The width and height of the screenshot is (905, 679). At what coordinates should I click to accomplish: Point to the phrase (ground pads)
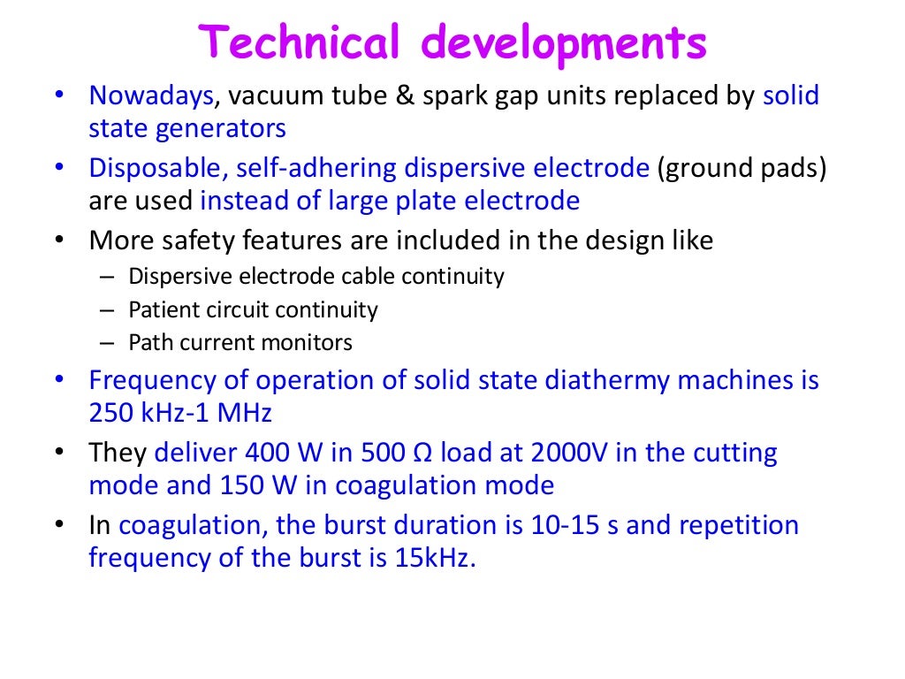(741, 168)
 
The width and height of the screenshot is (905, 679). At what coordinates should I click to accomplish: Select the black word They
(118, 454)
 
